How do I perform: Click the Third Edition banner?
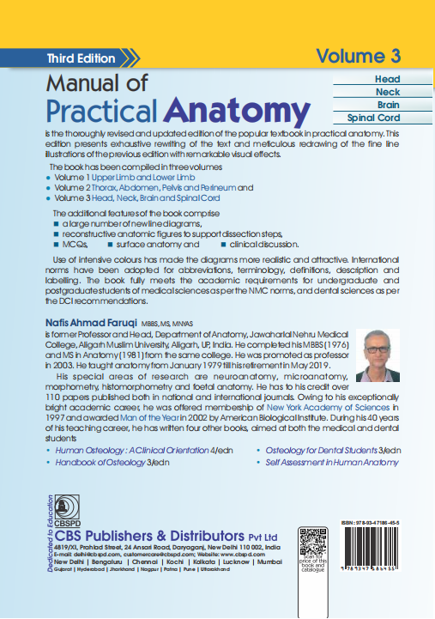point(82,58)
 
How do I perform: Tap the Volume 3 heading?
point(358,57)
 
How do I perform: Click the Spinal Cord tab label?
point(375,117)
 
